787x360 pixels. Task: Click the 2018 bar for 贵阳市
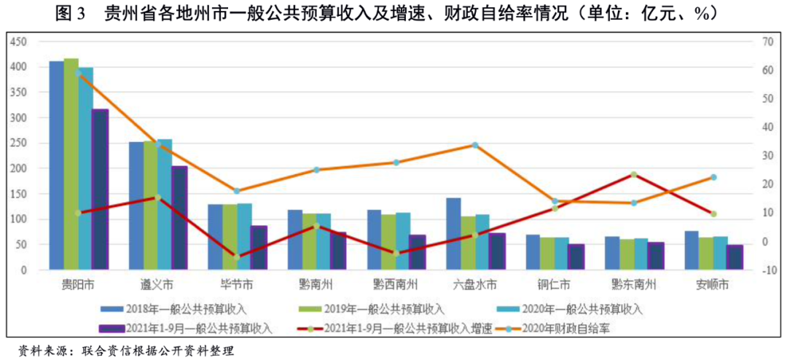(x=56, y=165)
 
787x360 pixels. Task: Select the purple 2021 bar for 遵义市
(x=179, y=218)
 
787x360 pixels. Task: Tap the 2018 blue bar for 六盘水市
(x=453, y=234)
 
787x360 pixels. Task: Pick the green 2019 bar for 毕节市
(x=230, y=237)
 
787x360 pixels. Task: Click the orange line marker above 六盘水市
(x=474, y=145)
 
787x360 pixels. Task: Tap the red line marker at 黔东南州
(x=633, y=175)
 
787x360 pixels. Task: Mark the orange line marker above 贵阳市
(x=78, y=73)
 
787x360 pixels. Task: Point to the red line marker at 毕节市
(x=236, y=257)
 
